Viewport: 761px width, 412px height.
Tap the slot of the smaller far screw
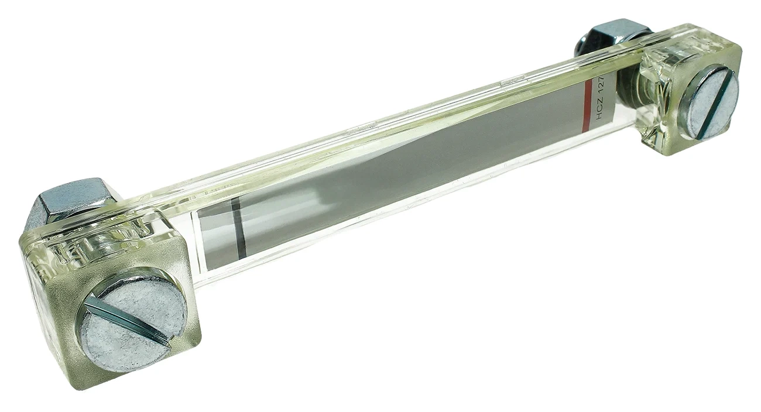coord(713,109)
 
